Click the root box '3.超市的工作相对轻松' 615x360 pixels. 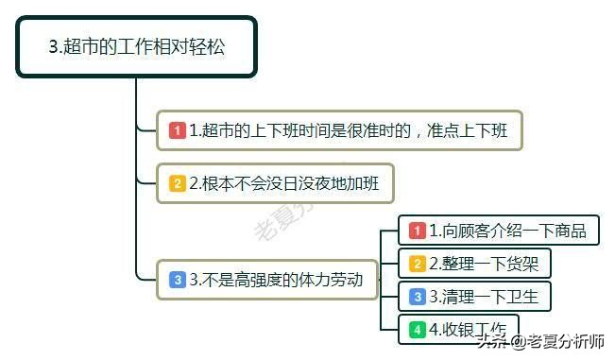136,46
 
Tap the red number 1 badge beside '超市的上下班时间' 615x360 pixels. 177,130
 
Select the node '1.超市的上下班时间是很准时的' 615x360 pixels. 339,130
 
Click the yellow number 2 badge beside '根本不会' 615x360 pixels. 177,183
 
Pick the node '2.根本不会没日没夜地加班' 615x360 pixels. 274,183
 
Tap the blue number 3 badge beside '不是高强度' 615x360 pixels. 177,279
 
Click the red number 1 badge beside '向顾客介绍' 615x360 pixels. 417,230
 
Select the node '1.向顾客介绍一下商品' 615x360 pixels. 499,230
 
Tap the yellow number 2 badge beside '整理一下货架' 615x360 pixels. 417,263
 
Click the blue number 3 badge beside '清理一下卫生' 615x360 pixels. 417,296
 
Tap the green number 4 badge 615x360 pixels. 417,330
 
